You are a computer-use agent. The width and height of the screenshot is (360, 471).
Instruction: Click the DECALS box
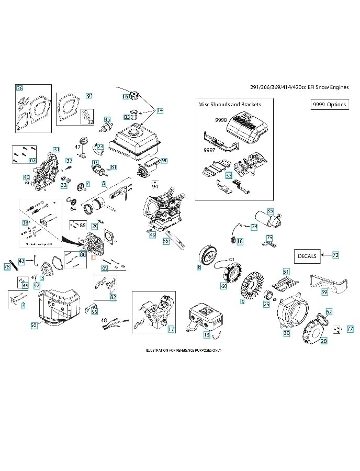pyautogui.click(x=307, y=256)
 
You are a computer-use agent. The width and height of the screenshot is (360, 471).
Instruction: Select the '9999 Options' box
pyautogui.click(x=329, y=104)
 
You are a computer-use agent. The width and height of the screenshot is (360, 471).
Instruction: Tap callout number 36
pyautogui.click(x=19, y=88)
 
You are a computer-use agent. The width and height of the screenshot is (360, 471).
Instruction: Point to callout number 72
pyautogui.click(x=335, y=255)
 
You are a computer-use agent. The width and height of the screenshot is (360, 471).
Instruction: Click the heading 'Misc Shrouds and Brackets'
pyautogui.click(x=229, y=104)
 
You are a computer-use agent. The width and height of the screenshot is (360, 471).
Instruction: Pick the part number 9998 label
pyautogui.click(x=221, y=120)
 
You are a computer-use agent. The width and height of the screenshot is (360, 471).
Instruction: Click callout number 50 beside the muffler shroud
pyautogui.click(x=34, y=325)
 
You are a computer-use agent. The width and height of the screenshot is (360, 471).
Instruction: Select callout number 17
pyautogui.click(x=171, y=329)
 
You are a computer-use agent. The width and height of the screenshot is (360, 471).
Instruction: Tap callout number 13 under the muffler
pyautogui.click(x=206, y=334)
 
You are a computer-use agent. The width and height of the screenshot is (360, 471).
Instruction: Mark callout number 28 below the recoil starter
pyautogui.click(x=323, y=341)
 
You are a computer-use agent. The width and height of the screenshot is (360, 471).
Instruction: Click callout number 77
pyautogui.click(x=350, y=329)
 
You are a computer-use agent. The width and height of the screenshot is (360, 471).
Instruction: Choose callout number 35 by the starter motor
pyautogui.click(x=270, y=211)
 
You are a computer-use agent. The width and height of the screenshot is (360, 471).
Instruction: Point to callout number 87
pyautogui.click(x=32, y=160)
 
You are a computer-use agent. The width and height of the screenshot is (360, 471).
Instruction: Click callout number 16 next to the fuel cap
pyautogui.click(x=126, y=97)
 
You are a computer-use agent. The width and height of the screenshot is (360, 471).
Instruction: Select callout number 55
pyautogui.click(x=166, y=241)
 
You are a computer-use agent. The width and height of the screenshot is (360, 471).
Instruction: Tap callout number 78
pyautogui.click(x=7, y=267)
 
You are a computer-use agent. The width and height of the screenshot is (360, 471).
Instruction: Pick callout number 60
pyautogui.click(x=223, y=286)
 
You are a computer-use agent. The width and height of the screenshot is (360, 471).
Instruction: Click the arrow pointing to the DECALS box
pyautogui.click(x=325, y=255)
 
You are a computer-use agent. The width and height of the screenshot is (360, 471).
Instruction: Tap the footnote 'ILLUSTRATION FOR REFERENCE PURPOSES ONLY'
pyautogui.click(x=179, y=350)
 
